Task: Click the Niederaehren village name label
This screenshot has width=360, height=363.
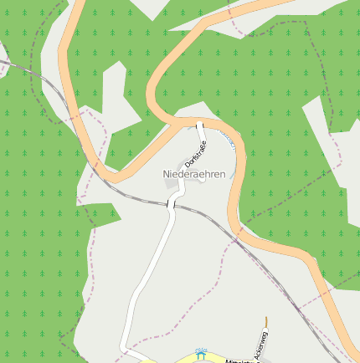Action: [193, 173]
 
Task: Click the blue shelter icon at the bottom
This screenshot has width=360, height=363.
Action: [199, 354]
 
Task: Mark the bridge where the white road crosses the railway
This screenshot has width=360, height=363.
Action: [171, 203]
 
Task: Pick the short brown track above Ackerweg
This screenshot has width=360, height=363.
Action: [265, 321]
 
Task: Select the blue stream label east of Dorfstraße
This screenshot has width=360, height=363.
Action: [229, 140]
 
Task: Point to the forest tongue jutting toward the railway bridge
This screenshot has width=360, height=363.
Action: [105, 213]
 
